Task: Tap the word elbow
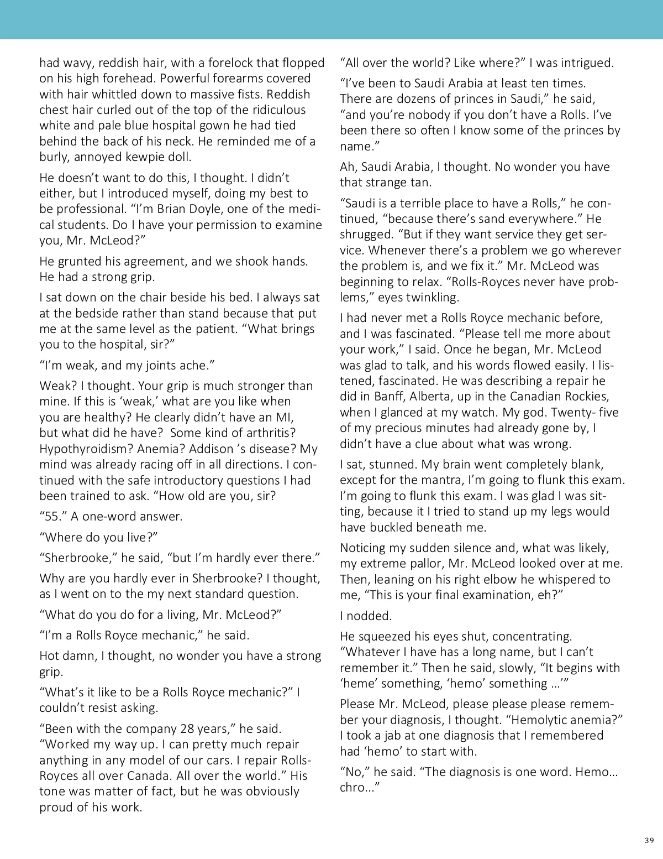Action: (536, 580)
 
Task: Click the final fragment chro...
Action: (356, 788)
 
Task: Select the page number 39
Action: (649, 841)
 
